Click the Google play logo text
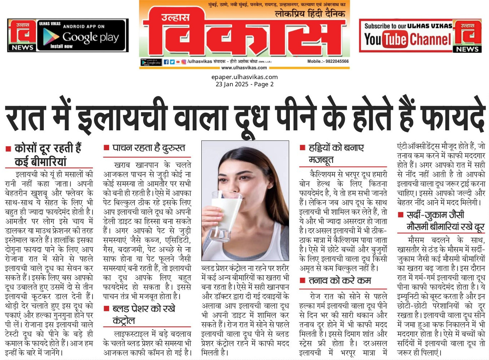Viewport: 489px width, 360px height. click(90, 37)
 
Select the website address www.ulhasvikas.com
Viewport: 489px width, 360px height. click(244, 68)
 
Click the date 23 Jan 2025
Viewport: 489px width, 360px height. click(232, 84)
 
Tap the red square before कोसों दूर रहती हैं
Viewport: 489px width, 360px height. click(8, 149)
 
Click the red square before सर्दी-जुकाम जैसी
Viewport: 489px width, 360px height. click(400, 215)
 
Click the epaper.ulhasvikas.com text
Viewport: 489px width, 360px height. click(244, 77)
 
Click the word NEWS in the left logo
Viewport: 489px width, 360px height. click(22, 47)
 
